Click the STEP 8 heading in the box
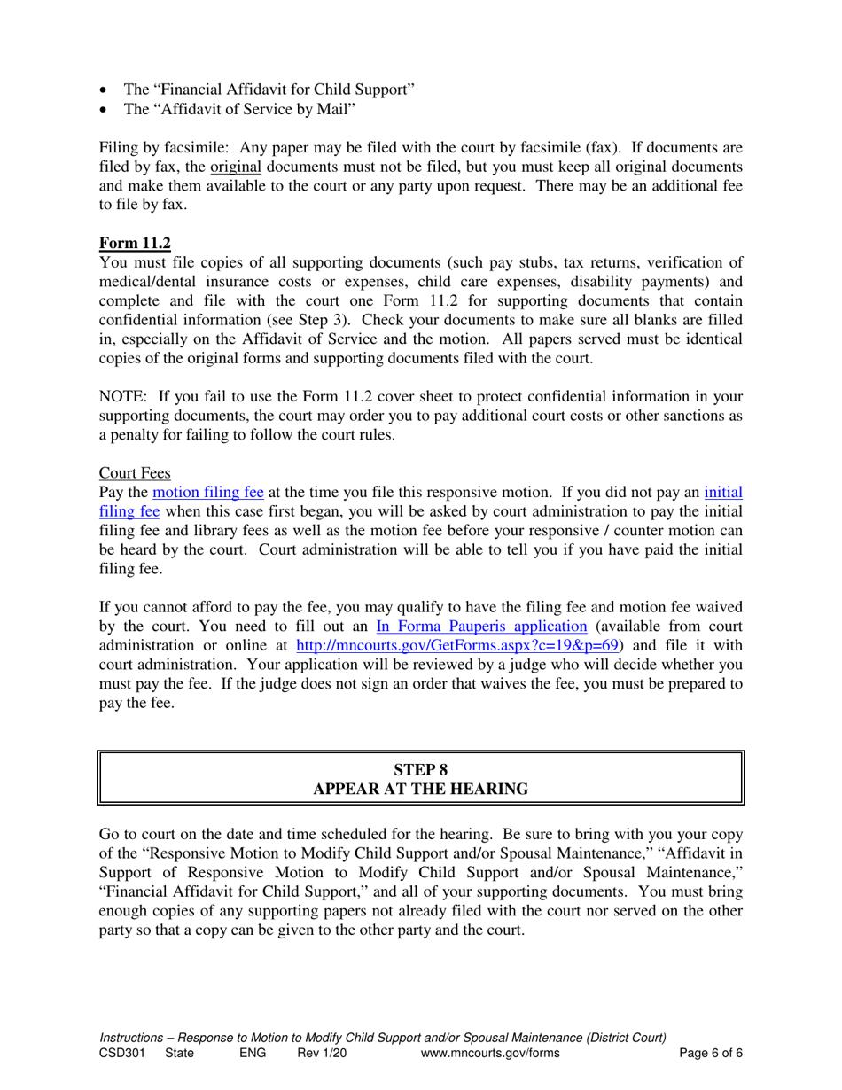point(421,767)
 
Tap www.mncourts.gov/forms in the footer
point(490,1053)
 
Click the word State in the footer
point(181,1053)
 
